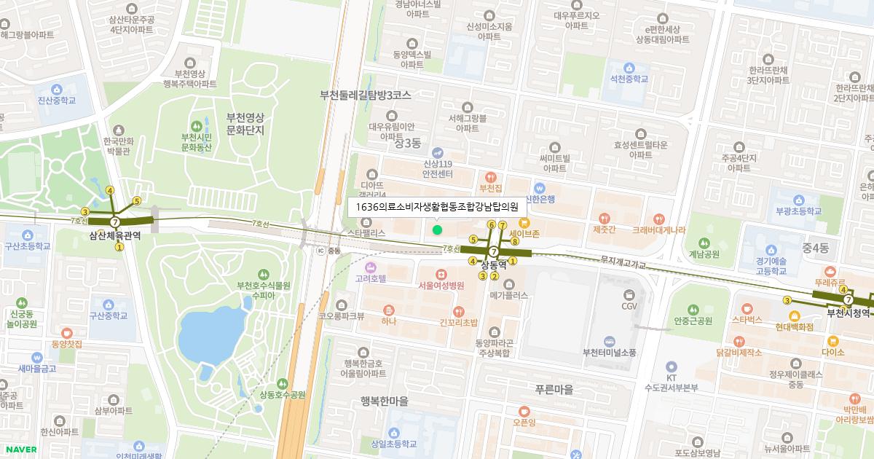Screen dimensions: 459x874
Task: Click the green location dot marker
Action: (437, 230)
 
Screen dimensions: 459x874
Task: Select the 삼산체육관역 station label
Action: (114, 235)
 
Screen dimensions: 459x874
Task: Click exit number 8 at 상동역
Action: (514, 241)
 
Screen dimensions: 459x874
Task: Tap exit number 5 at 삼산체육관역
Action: (136, 200)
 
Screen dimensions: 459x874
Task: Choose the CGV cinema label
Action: (629, 305)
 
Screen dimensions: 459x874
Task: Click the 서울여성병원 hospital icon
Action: (441, 274)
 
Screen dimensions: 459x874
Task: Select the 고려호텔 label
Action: (371, 278)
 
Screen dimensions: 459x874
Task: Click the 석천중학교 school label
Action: (629, 79)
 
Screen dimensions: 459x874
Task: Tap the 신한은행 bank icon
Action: (540, 187)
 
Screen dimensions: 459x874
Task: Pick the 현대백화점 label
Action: (794, 327)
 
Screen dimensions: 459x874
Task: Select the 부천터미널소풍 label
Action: (609, 353)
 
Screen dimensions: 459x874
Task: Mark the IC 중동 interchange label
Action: (328, 251)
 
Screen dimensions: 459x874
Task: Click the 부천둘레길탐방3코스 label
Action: (366, 95)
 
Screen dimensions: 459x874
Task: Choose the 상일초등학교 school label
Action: (393, 443)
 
